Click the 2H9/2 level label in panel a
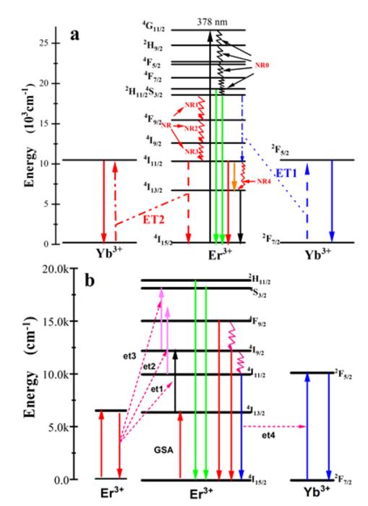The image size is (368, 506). (154, 44)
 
